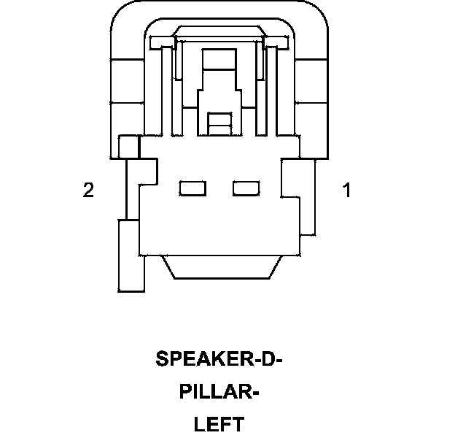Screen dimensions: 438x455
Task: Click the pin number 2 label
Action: pyautogui.click(x=88, y=191)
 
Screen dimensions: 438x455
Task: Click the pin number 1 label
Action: pyautogui.click(x=346, y=191)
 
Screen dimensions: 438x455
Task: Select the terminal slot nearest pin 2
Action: pyautogui.click(x=192, y=189)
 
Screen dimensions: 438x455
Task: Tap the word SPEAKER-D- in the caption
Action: pyautogui.click(x=219, y=359)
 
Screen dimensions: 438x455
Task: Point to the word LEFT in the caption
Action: pyautogui.click(x=219, y=424)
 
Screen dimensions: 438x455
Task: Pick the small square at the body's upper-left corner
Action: pyautogui.click(x=129, y=147)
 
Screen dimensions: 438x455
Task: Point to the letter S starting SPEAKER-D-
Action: pyautogui.click(x=162, y=359)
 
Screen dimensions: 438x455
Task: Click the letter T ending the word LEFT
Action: pyautogui.click(x=238, y=424)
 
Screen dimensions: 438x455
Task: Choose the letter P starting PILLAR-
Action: pyautogui.click(x=185, y=392)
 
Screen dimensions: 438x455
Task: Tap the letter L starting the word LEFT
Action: pyautogui.click(x=199, y=424)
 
